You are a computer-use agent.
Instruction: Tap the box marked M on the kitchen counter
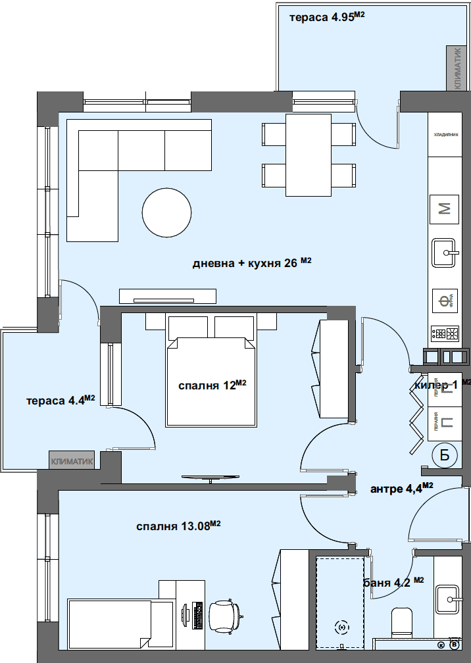pyautogui.click(x=445, y=209)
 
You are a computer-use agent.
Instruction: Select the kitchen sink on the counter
pyautogui.click(x=445, y=253)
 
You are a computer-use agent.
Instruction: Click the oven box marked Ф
pyautogui.click(x=445, y=302)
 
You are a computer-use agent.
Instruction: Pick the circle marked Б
pyautogui.click(x=445, y=454)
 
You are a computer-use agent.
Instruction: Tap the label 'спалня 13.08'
pyautogui.click(x=178, y=526)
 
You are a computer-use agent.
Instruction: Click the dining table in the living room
pyautogui.click(x=308, y=155)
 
